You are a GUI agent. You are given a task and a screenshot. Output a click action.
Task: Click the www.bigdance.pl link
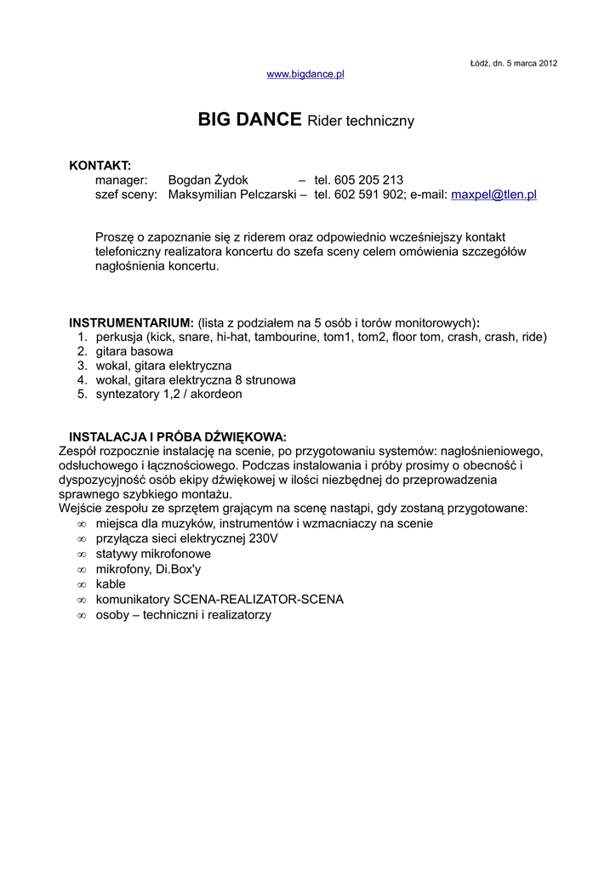(305, 75)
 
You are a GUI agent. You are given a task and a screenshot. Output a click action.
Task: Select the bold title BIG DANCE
(249, 120)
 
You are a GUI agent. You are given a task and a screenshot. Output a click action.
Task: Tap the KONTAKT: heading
(100, 165)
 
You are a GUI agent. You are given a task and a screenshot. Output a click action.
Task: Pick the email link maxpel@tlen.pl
(493, 195)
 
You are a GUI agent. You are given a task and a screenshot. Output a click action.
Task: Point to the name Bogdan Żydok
(208, 180)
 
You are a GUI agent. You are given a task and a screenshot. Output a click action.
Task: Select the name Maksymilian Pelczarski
(232, 195)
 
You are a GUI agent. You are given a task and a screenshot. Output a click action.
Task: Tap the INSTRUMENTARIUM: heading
(131, 323)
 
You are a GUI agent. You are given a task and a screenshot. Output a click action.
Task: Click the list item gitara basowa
(134, 351)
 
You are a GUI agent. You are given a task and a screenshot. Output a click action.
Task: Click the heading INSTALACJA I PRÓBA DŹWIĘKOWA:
(178, 437)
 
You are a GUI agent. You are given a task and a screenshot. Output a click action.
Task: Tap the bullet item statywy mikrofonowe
(153, 554)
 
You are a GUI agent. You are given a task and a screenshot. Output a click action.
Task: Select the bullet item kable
(111, 584)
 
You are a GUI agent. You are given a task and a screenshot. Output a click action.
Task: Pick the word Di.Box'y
(179, 569)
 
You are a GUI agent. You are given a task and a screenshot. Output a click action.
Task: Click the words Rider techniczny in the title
(361, 122)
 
